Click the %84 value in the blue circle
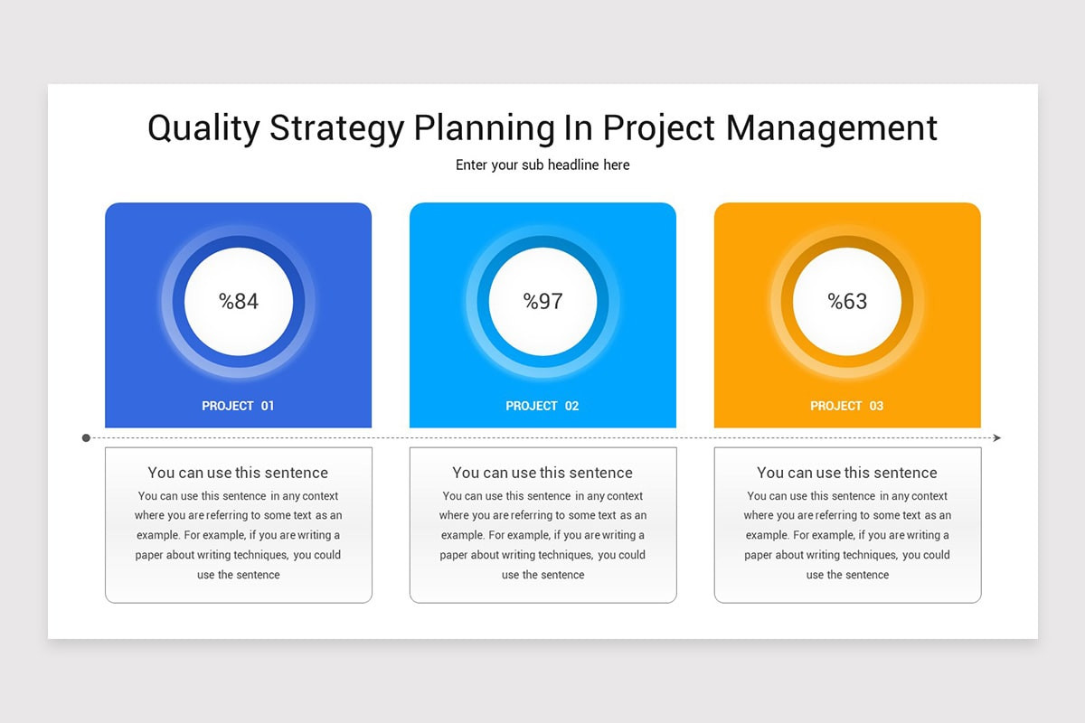[239, 301]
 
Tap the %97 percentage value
[542, 301]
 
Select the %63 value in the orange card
[847, 301]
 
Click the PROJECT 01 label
[238, 406]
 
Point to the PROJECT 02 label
[542, 406]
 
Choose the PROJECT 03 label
[846, 406]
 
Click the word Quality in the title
[204, 128]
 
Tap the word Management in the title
[832, 127]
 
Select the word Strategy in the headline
[336, 128]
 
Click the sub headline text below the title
[542, 165]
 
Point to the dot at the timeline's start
[86, 438]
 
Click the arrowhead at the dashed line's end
[996, 437]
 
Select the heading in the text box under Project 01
[238, 473]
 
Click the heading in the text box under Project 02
[542, 473]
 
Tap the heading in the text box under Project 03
[847, 473]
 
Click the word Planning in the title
[485, 128]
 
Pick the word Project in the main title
[659, 128]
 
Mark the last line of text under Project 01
[239, 575]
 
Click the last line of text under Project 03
[847, 575]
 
